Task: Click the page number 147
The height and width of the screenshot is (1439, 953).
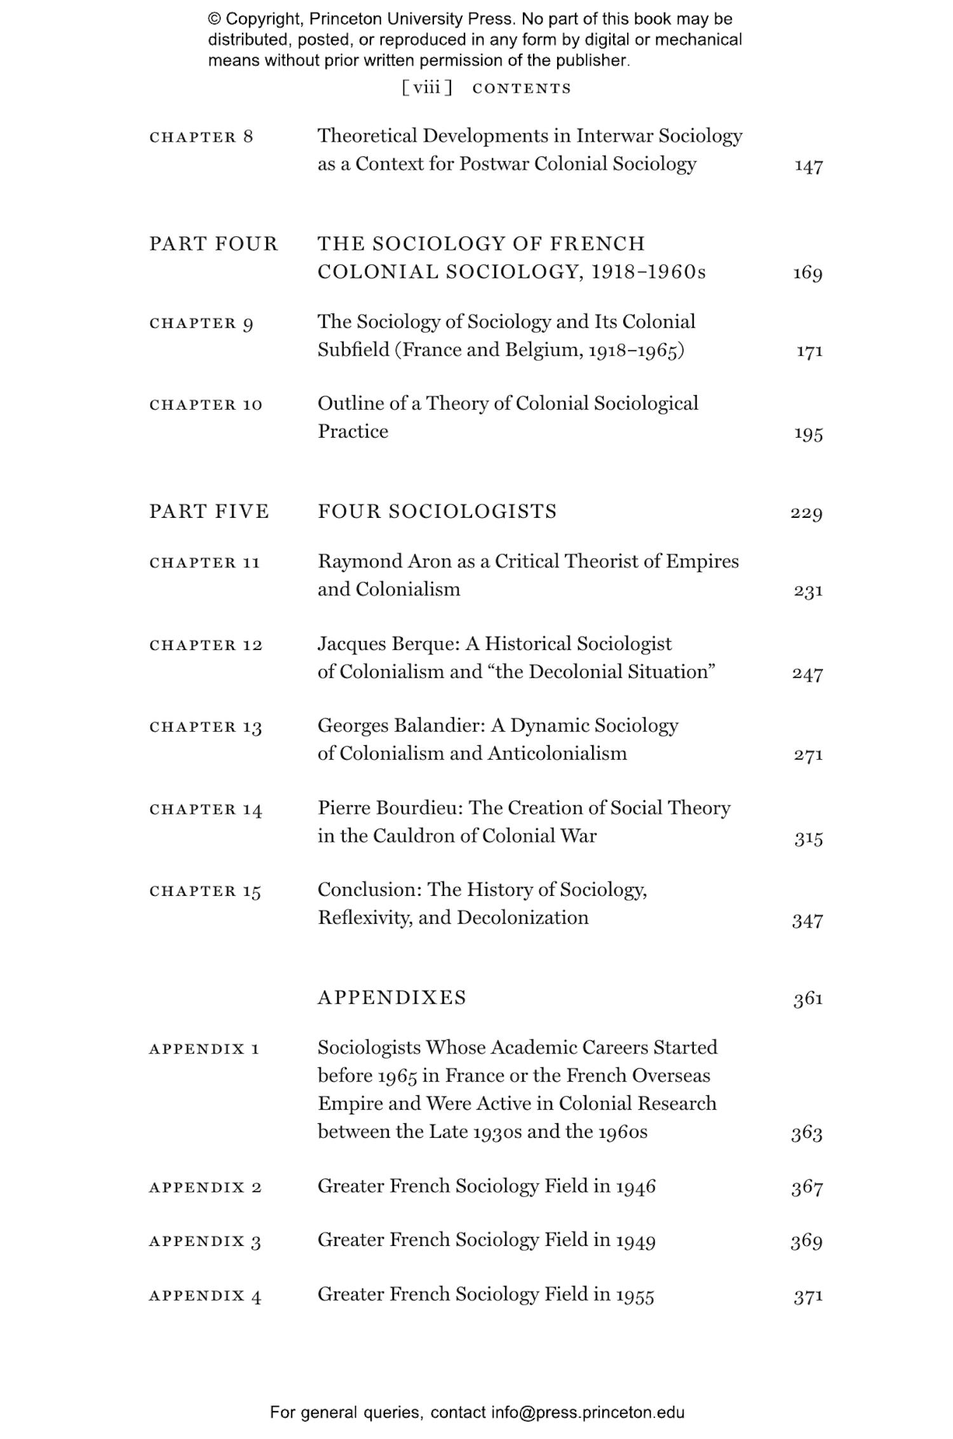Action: [x=808, y=166]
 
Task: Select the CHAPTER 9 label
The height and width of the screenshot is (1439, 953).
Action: [x=201, y=323]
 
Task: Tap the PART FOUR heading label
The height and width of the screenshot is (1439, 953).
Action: [x=213, y=244]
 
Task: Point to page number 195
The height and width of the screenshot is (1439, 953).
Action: [x=808, y=434]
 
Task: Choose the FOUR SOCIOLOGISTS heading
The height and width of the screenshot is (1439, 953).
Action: [x=437, y=511]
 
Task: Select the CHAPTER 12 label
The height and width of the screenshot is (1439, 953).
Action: [x=206, y=645]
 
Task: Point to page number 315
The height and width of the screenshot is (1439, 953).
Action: [x=808, y=839]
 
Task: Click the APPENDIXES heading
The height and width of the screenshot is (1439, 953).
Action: [x=392, y=997]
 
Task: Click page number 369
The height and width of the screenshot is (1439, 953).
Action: [x=807, y=1241]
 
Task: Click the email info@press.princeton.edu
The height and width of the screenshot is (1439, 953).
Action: [x=587, y=1412]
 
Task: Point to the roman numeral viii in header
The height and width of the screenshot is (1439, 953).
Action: [x=426, y=88]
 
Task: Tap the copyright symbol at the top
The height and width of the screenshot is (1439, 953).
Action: [x=215, y=19]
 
